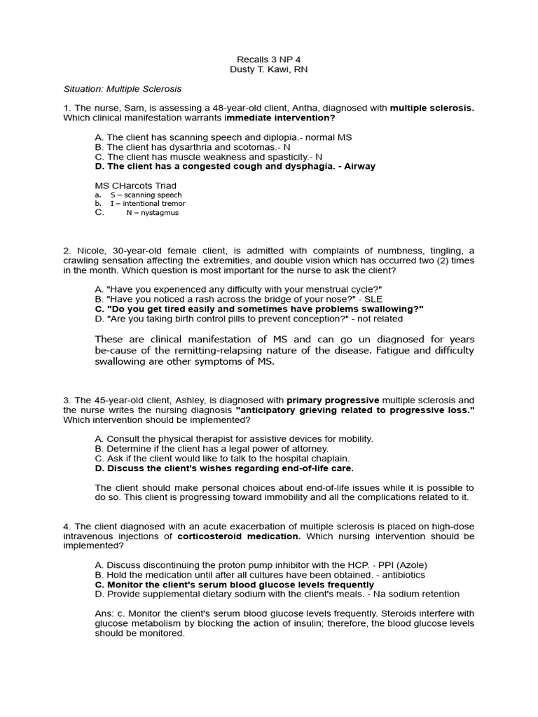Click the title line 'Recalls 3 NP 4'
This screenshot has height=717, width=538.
pyautogui.click(x=269, y=59)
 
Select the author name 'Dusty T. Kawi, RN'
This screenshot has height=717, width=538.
pyautogui.click(x=269, y=69)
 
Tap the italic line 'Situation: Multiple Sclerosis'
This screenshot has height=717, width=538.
pyautogui.click(x=122, y=90)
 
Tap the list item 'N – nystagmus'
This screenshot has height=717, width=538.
pyautogui.click(x=152, y=213)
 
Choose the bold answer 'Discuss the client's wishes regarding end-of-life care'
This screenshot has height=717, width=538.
pyautogui.click(x=224, y=468)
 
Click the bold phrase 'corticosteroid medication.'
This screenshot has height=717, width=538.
pyautogui.click(x=239, y=536)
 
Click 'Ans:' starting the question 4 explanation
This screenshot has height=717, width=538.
pyautogui.click(x=104, y=613)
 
